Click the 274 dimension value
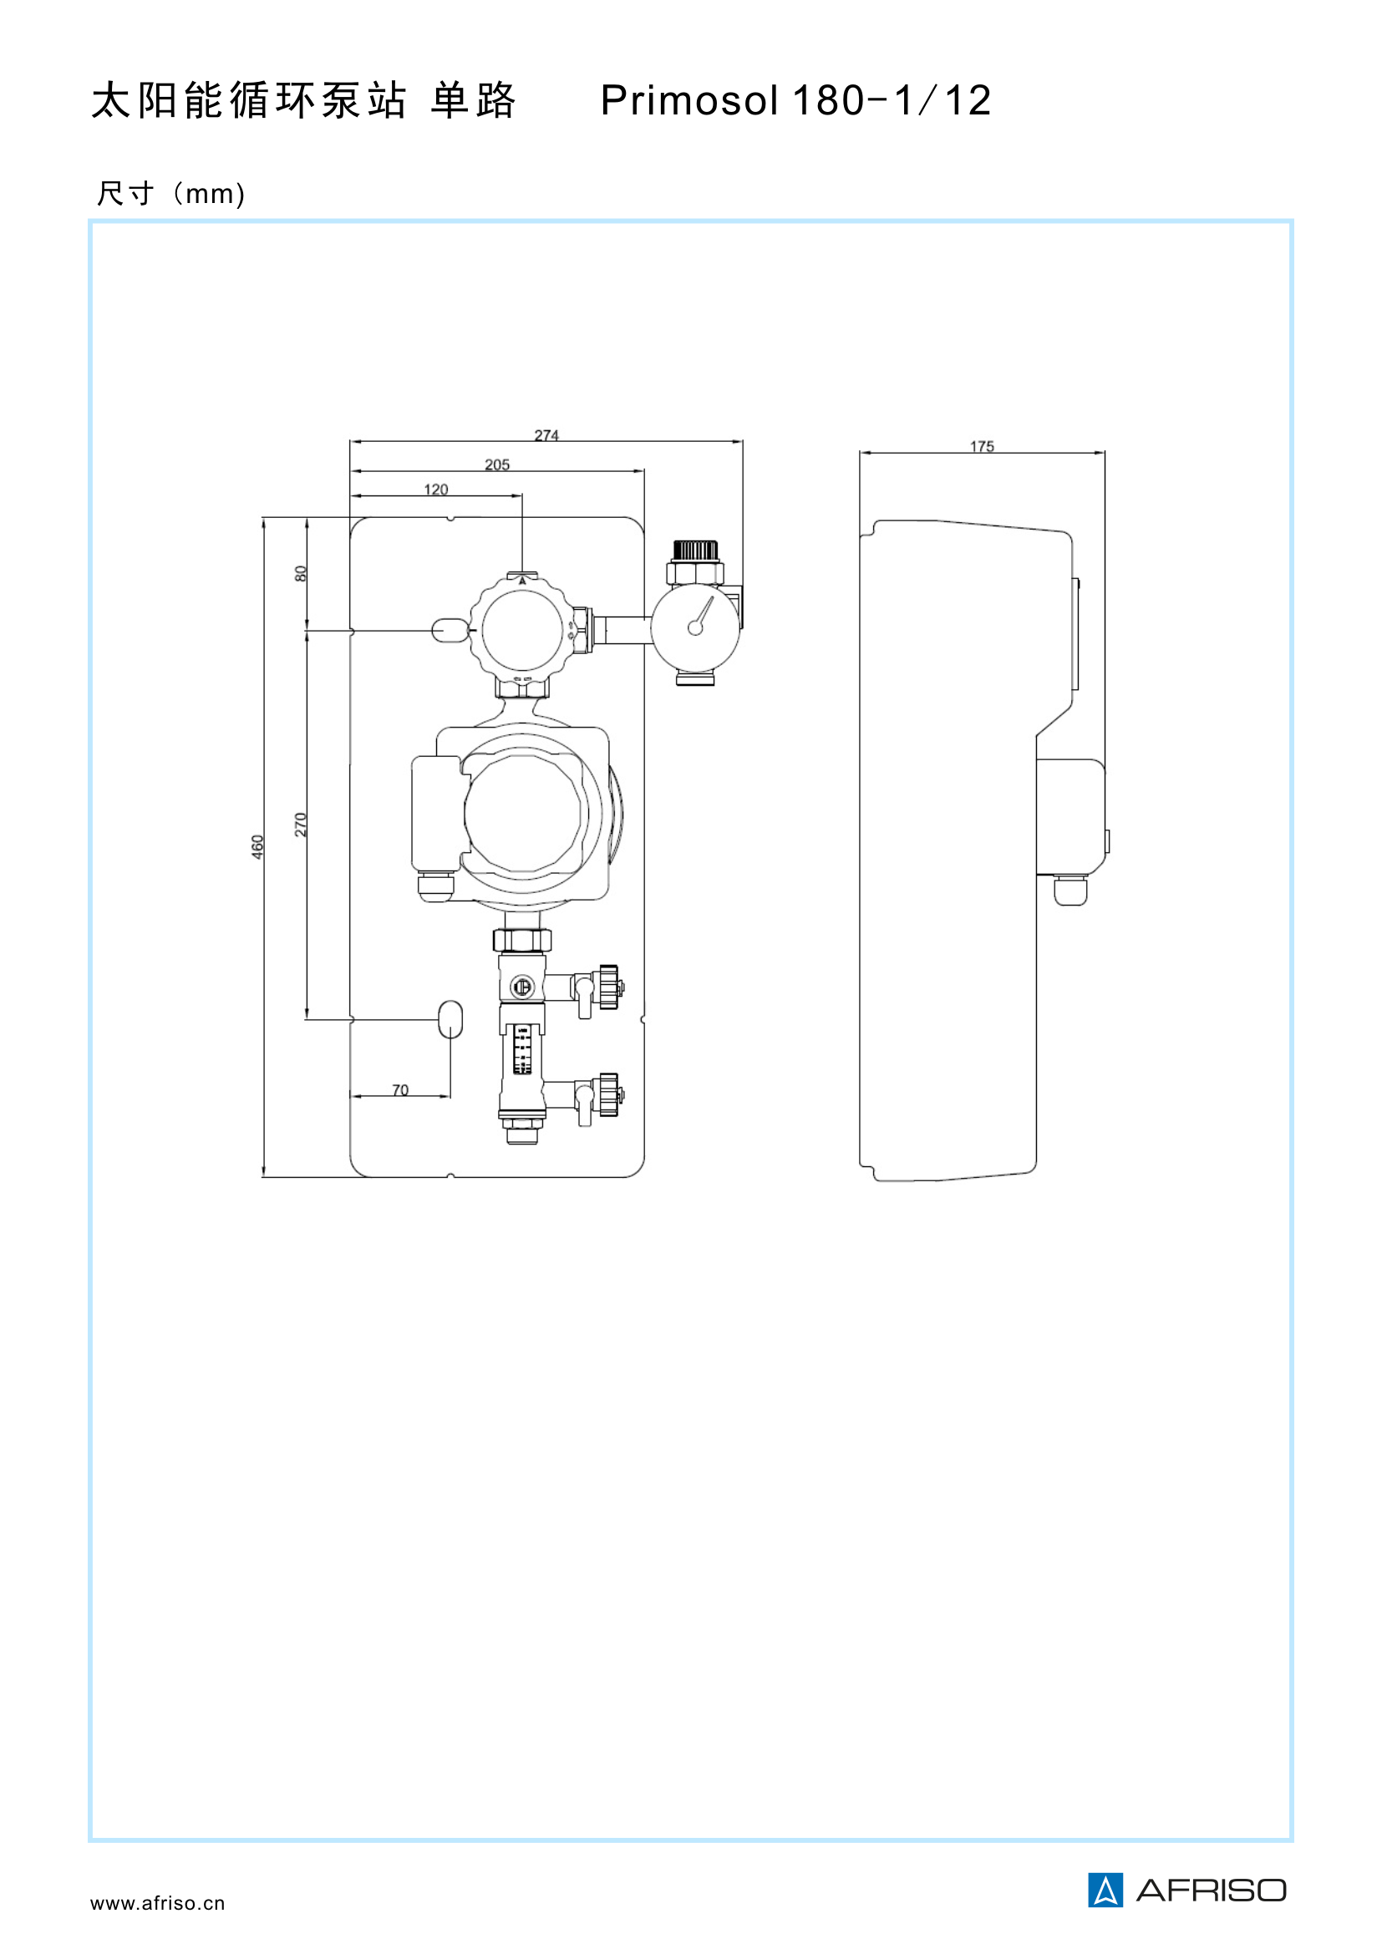point(546,435)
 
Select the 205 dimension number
point(497,464)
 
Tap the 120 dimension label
point(435,490)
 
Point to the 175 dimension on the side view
point(982,446)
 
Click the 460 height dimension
point(257,847)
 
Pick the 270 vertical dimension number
point(301,825)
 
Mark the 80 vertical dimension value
point(301,574)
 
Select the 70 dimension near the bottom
point(400,1090)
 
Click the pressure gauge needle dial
point(695,627)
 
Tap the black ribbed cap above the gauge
point(696,551)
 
